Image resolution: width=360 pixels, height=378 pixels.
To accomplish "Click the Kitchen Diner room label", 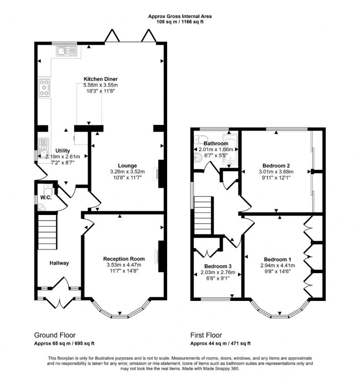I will (101, 79).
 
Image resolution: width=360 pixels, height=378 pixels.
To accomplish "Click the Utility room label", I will (63, 150).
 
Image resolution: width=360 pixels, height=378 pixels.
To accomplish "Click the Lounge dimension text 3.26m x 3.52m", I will (128, 171).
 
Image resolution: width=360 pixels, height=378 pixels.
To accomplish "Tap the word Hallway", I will (59, 263).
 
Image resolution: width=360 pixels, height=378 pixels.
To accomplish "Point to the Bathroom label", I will (216, 143).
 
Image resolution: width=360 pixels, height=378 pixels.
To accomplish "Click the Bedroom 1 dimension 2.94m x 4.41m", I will (278, 265).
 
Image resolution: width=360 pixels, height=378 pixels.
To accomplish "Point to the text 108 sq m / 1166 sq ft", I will (180, 23).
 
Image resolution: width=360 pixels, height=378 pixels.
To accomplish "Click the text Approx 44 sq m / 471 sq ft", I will (220, 343).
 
